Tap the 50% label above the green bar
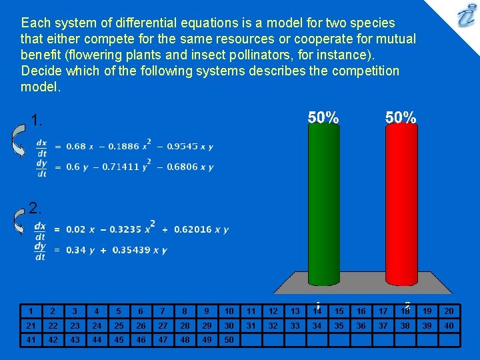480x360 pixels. [323, 117]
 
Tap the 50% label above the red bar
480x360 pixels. [401, 117]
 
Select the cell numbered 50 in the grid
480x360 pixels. [229, 339]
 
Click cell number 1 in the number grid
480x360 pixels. [31, 311]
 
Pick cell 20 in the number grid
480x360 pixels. [449, 311]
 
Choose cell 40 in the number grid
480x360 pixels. [449, 325]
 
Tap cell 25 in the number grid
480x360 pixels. [119, 325]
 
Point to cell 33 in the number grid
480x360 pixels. [295, 325]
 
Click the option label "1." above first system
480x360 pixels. [37, 121]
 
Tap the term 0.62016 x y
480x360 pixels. [201, 229]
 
